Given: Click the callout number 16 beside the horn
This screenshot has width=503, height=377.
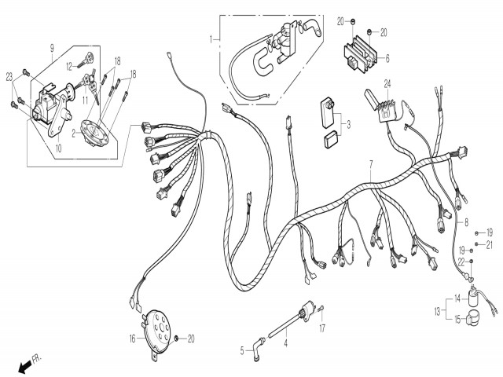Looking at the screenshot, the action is (x=133, y=339).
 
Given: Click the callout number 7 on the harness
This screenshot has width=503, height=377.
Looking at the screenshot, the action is (x=371, y=165).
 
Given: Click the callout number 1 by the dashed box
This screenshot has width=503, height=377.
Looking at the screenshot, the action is (x=211, y=40).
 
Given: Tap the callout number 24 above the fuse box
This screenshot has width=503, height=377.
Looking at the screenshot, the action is (x=387, y=84).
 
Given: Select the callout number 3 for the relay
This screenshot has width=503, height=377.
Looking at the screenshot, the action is (x=348, y=124).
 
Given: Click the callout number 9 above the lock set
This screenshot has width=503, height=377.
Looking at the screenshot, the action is (x=52, y=49).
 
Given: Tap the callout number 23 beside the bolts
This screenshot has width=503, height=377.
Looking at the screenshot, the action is (x=9, y=77).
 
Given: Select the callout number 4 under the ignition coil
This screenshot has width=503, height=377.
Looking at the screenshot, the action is (x=285, y=344).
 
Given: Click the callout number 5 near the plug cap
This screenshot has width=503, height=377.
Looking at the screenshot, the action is (x=242, y=351).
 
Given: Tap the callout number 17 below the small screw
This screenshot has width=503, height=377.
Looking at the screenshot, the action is (x=322, y=328).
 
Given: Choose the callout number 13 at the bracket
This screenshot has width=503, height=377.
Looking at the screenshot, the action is (x=438, y=311).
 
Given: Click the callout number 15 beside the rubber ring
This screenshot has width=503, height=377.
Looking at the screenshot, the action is (x=457, y=320).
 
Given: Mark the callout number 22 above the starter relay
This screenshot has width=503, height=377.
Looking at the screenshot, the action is (x=461, y=262).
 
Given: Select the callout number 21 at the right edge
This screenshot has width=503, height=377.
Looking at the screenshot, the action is (x=489, y=245).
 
